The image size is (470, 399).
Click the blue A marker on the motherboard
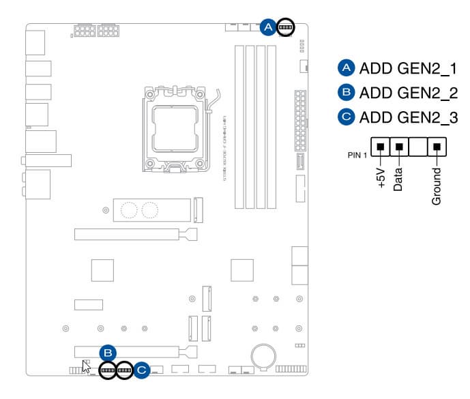[x=269, y=27]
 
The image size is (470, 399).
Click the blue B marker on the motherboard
[x=107, y=353]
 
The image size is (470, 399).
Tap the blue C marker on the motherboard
[x=141, y=370]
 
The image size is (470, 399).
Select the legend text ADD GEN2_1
[x=408, y=68]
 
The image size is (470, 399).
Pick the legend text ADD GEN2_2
[x=408, y=93]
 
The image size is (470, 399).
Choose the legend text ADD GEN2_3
[x=408, y=117]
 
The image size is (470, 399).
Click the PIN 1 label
[x=357, y=155]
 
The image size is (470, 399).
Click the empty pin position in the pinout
[x=418, y=145]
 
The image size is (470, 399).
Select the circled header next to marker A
[x=285, y=27]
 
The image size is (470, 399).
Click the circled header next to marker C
[x=124, y=370]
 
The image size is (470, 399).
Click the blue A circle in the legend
[x=347, y=68]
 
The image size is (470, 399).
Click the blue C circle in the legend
[x=347, y=117]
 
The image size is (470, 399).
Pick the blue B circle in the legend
[x=347, y=93]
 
